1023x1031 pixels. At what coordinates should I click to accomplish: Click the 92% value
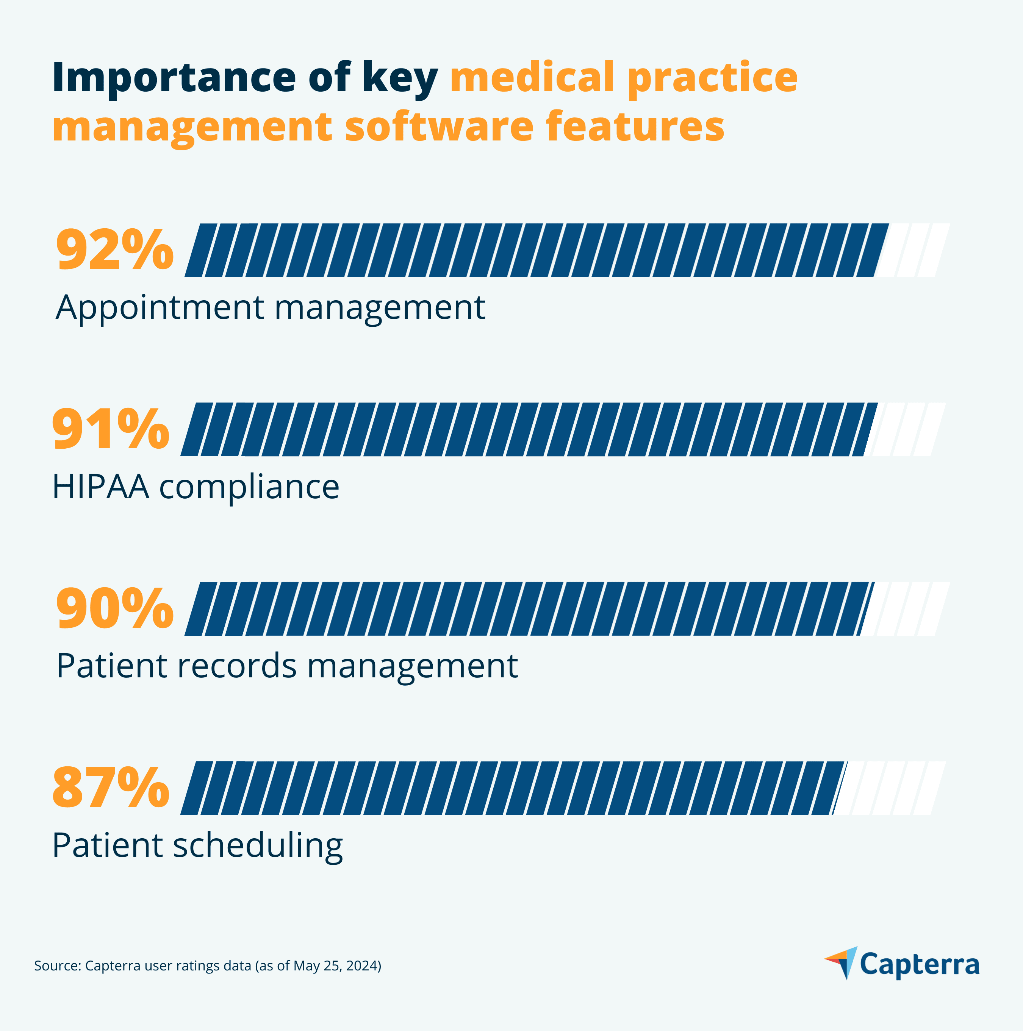115,250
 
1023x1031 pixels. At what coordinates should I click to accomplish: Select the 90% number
115,608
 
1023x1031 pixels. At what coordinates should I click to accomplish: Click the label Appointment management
270,308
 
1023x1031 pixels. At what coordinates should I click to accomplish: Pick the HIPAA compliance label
196,487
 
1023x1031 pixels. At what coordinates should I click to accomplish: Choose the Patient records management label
287,666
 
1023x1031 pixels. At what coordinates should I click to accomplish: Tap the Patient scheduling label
197,846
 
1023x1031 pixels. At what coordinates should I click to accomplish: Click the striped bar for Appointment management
534,250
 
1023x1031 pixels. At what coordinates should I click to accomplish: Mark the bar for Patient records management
529,608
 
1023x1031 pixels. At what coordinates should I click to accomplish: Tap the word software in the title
439,126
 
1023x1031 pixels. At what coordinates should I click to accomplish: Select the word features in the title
635,126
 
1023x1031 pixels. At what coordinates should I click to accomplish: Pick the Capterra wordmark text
920,965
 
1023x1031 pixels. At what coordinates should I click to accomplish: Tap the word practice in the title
712,78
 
